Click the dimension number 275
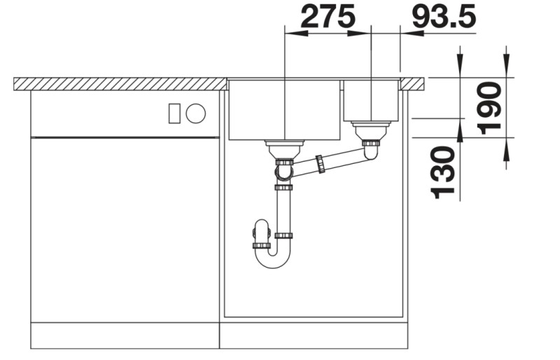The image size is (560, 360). pos(327,17)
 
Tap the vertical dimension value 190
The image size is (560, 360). pos(489,107)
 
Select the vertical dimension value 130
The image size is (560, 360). pos(443,172)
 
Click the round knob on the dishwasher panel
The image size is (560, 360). pos(195,113)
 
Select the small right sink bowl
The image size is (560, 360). pos(370,100)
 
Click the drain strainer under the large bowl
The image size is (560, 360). pos(283,148)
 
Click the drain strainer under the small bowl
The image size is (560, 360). pos(370,130)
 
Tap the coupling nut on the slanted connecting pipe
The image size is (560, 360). pos(321,164)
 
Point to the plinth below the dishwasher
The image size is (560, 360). pos(125,335)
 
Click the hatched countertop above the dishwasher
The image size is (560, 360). pos(119,84)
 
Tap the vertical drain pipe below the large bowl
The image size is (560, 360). pos(283,210)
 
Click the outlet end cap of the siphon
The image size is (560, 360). pos(260,246)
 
